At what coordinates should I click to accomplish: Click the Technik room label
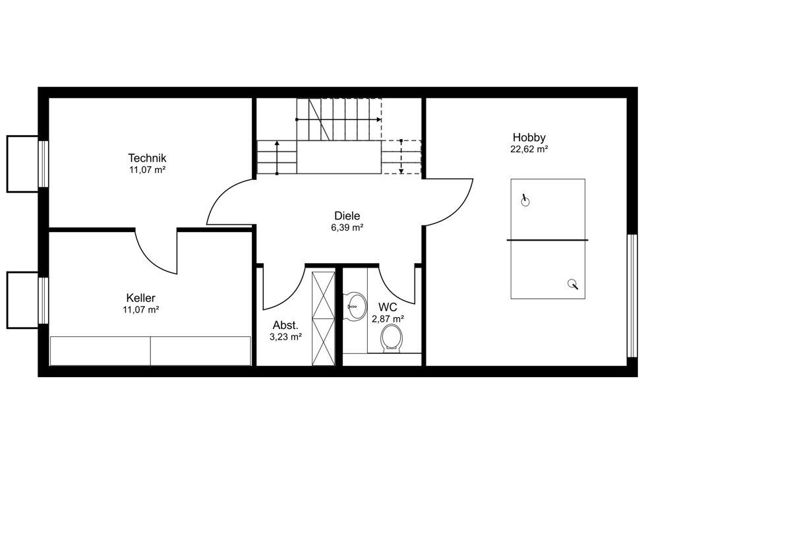pos(147,158)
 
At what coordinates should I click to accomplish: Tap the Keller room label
pos(140,298)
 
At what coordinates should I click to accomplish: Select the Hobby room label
pos(529,137)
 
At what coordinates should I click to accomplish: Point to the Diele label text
pos(347,216)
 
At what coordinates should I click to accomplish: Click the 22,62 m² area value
pos(529,150)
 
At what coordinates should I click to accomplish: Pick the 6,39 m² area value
pos(347,228)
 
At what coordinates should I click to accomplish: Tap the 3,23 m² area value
pos(285,338)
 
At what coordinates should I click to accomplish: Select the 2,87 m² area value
pos(388,319)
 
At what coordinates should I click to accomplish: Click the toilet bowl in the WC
pos(392,338)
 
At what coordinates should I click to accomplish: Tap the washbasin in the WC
pos(355,307)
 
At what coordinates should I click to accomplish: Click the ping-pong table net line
pos(547,240)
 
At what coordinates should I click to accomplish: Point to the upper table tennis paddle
pos(525,200)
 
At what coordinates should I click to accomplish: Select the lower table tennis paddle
pos(572,284)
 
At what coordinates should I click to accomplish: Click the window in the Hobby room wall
pos(632,295)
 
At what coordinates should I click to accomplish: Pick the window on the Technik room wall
pos(43,164)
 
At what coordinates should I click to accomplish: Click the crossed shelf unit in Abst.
pos(323,318)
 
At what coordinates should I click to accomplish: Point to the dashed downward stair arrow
pos(401,157)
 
